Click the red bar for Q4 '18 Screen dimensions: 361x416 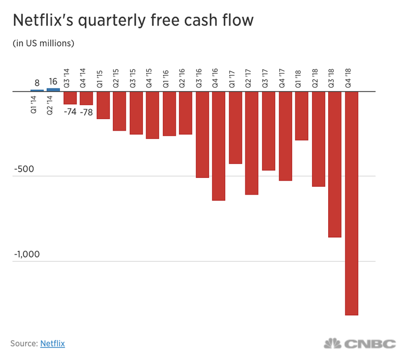coord(352,203)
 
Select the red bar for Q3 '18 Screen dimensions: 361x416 coord(335,164)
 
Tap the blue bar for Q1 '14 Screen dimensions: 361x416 coord(36,91)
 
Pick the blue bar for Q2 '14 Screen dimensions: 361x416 coord(53,89)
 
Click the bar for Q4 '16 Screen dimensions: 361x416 coord(219,146)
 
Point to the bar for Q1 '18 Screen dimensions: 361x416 coord(302,116)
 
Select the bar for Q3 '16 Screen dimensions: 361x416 coord(202,134)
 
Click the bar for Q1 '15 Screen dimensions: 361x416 coord(103,105)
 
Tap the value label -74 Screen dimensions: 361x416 coord(70,111)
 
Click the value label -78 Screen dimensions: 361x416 coord(86,112)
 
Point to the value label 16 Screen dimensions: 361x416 coord(53,81)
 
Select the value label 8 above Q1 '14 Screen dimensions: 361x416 coord(36,82)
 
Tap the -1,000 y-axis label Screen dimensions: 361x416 coord(26,255)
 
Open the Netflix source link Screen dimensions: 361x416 coord(53,343)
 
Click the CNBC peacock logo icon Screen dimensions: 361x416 coord(333,344)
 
